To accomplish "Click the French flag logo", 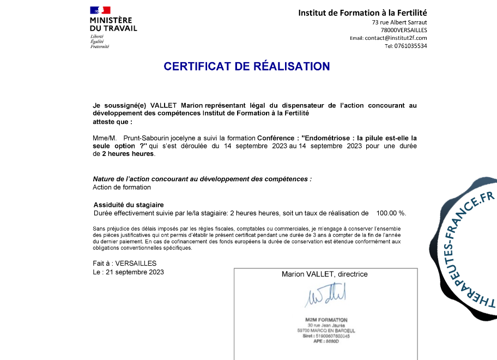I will coord(100,10).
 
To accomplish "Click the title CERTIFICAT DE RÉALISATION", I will coord(247,67).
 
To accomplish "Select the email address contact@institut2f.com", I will coord(396,38).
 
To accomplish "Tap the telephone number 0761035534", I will coord(411,46).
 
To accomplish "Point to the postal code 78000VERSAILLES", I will coord(404,30).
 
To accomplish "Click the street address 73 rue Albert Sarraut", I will coord(399,22).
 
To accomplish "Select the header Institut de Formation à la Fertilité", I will coord(362,13).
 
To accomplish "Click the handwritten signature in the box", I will coord(325,296).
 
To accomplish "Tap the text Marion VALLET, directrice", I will coord(325,274).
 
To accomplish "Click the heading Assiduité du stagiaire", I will coord(129,205).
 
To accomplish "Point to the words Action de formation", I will coord(122,187).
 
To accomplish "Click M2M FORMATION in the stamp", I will coord(326,320).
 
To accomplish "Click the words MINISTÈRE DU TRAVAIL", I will coord(113,24).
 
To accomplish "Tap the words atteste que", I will coord(112,122).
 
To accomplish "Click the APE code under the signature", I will coord(326,341).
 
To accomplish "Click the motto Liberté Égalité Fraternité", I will coord(100,41).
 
